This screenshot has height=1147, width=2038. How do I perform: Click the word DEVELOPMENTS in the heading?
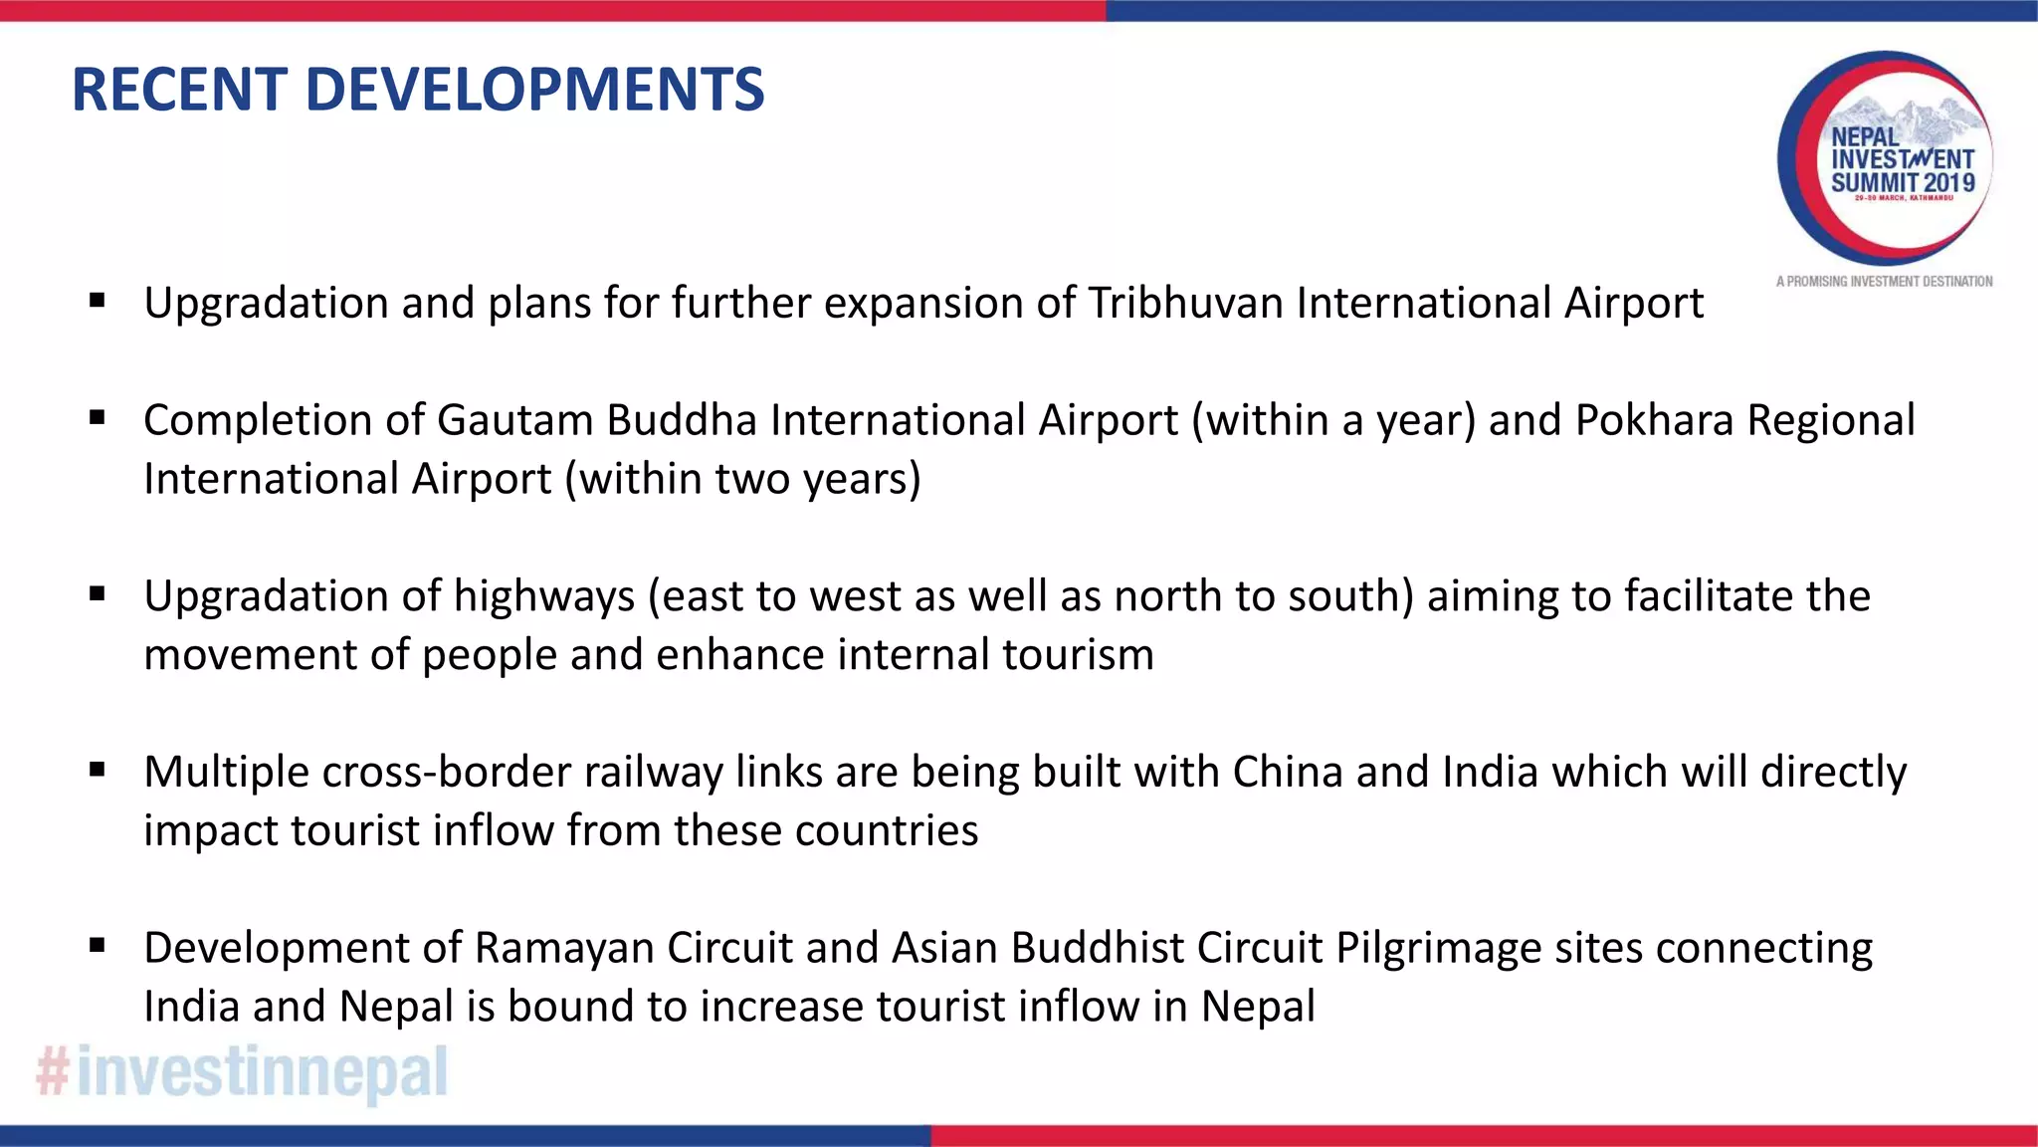tap(534, 90)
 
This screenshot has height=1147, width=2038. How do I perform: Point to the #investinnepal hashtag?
tap(242, 1072)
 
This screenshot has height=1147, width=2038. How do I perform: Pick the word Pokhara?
tap(1654, 420)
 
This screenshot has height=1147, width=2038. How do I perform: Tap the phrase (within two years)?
tap(742, 479)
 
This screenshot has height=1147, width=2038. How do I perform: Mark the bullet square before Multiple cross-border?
tap(97, 770)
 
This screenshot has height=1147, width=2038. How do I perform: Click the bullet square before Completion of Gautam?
tap(97, 418)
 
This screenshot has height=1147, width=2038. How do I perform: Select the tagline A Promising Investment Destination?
tap(1884, 282)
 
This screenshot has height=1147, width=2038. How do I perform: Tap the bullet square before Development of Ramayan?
tap(97, 946)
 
